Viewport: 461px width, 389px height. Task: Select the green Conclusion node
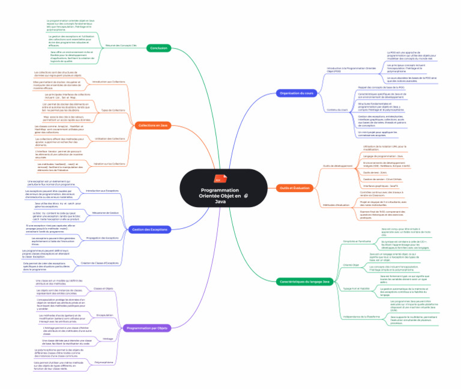coord(158,47)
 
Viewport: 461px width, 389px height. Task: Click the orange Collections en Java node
coord(152,125)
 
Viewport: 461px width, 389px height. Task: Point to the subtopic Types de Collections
coord(113,110)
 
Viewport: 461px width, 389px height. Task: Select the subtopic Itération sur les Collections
coord(110,163)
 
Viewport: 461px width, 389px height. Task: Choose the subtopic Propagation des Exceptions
coord(103,238)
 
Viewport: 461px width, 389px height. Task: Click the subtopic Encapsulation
coord(105,315)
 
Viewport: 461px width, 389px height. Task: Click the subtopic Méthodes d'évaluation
coord(337,205)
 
